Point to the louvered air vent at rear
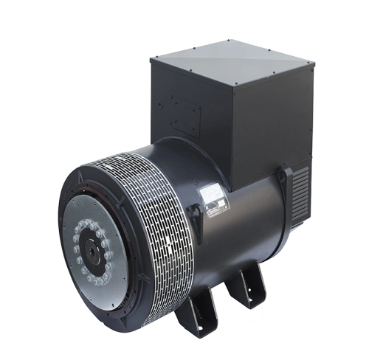pyautogui.click(x=299, y=190)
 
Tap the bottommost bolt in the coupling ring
pyautogui.click(x=93, y=283)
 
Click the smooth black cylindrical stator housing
pyautogui.click(x=244, y=229)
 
